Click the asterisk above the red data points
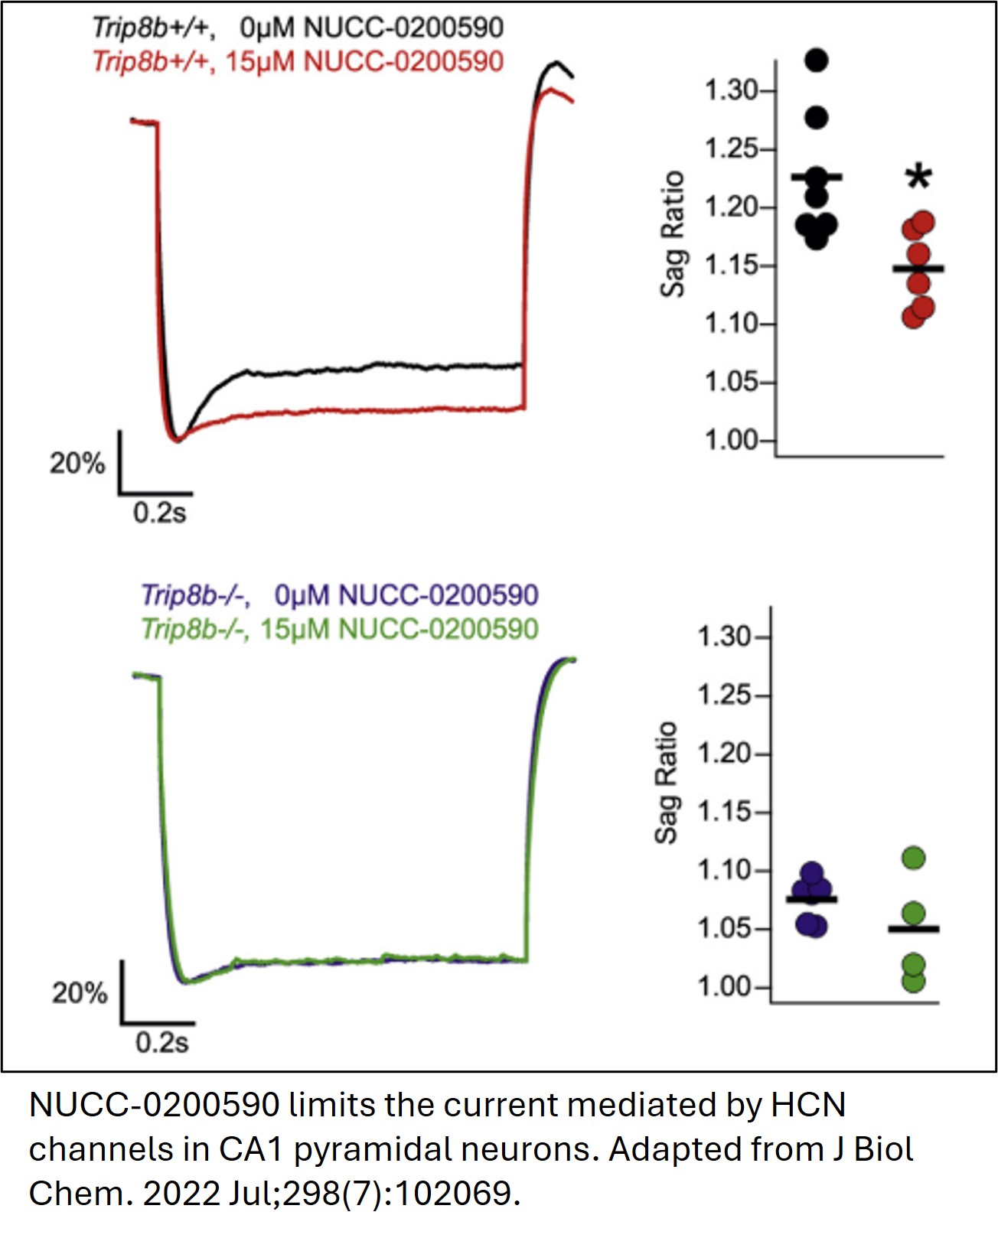pos(918,178)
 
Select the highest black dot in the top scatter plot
pos(817,59)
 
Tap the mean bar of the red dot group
pos(918,269)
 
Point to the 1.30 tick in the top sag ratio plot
pos(731,90)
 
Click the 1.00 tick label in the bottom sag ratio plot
pos(723,987)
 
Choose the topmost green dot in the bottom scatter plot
pos(913,858)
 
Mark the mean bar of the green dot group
pos(913,929)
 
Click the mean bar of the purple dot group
pos(811,899)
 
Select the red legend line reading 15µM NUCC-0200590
pos(298,62)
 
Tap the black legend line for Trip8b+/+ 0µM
pos(298,28)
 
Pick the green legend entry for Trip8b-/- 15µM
pos(340,629)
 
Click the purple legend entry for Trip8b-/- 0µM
pos(340,595)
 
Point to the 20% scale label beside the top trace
pos(77,463)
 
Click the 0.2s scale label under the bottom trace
pos(161,1042)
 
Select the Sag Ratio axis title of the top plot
pos(672,233)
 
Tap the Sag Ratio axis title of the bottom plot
pos(666,782)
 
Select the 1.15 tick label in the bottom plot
pos(723,812)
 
